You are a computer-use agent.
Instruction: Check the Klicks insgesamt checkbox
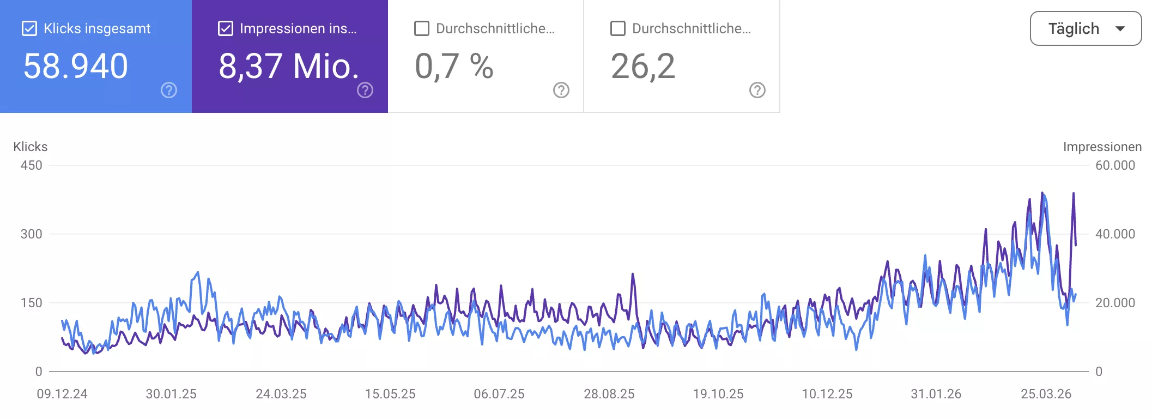(29, 28)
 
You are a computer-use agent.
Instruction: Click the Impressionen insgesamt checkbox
(226, 28)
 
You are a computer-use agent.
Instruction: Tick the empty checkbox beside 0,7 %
(422, 28)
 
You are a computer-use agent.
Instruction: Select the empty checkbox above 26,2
(618, 28)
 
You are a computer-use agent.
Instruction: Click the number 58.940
(76, 66)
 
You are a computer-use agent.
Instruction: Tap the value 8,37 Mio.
(289, 66)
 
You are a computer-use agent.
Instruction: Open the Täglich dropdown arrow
(1120, 28)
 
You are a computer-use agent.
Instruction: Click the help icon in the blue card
(169, 90)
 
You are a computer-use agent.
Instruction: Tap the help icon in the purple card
(365, 90)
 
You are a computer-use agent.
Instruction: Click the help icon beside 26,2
(757, 90)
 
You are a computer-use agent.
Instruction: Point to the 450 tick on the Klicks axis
(31, 165)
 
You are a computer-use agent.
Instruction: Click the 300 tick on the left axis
(31, 234)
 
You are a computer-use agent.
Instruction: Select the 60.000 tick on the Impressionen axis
(1115, 165)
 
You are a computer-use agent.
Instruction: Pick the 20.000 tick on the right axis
(1115, 303)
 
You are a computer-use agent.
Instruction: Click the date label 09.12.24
(62, 394)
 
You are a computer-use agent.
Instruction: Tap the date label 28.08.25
(609, 394)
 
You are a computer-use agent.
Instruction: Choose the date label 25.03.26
(1046, 394)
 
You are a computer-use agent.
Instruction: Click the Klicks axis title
(31, 147)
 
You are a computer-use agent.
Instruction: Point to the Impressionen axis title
(1102, 147)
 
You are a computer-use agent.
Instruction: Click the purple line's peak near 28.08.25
(633, 274)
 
